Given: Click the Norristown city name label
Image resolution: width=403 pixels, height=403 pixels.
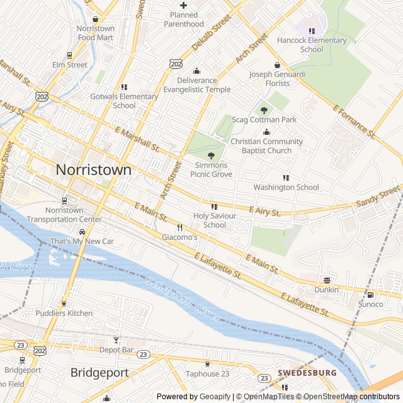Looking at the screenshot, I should coord(94,169).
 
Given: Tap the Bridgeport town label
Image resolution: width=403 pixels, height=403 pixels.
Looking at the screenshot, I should coord(99,372).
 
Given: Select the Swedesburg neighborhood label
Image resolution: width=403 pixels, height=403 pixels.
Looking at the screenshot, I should coord(307,373).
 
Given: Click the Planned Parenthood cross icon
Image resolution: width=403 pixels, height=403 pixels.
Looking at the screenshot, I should coord(183,6).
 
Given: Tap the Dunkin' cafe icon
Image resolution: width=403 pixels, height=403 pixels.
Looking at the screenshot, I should coord(327,280).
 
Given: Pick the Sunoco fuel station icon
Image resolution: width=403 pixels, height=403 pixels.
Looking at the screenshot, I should coord(370,295).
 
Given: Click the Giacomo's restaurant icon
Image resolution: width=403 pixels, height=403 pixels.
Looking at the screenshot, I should coord(180,227).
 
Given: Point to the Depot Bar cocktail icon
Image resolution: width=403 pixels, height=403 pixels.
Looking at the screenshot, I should coord(116,340).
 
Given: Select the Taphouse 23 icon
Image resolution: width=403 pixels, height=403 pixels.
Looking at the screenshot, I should coord(207,364).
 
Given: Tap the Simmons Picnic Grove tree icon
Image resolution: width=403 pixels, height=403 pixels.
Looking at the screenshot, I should coord(211,156).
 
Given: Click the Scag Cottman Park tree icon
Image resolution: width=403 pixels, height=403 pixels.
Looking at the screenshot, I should coord(264,110).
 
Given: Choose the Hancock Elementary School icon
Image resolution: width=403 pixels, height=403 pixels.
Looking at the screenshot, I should coord(312,31).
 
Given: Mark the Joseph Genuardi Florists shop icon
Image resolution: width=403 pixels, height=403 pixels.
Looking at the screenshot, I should coord(277,65).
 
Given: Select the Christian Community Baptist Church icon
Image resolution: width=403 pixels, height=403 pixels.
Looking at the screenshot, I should coord(266,132).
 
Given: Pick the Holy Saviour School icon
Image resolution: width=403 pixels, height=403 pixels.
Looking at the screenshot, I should coord(214,207).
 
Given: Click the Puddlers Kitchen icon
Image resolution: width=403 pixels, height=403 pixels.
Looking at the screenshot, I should coord(64,304).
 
